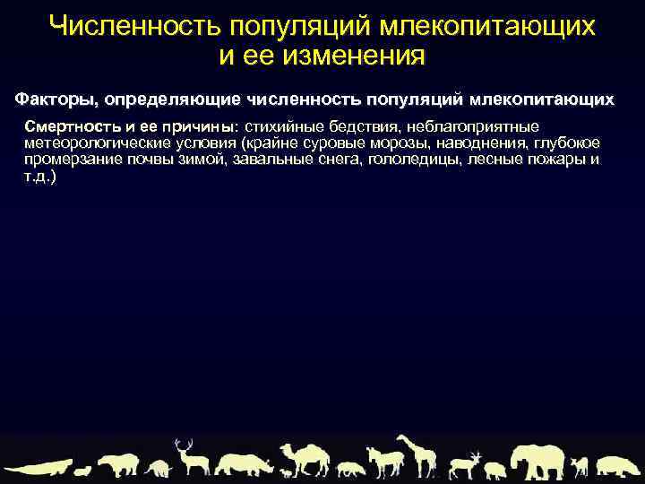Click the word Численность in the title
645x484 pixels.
(x=122, y=26)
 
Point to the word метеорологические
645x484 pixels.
(x=89, y=143)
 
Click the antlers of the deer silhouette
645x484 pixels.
(x=184, y=445)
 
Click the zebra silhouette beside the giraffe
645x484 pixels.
(x=386, y=462)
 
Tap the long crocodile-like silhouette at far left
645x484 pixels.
(x=36, y=468)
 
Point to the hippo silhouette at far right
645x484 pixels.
(x=619, y=465)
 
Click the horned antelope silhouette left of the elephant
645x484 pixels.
(x=466, y=463)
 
